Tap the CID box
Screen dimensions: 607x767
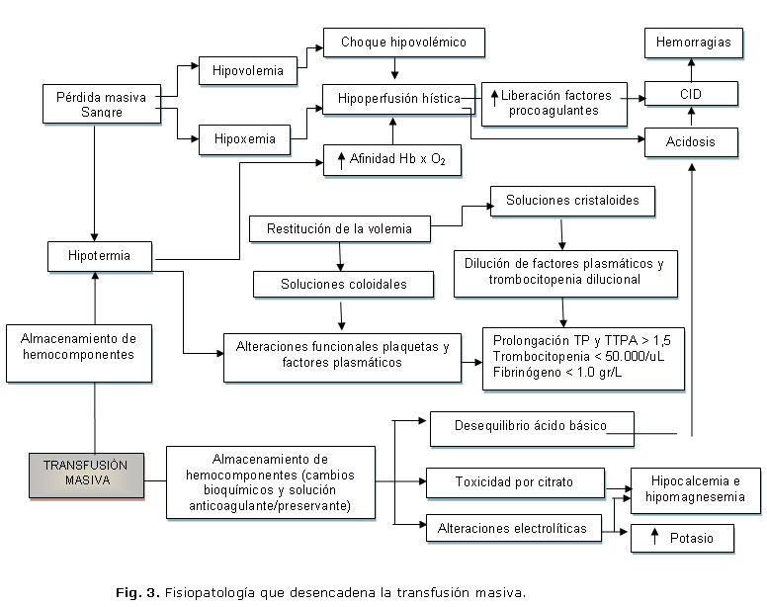point(691,95)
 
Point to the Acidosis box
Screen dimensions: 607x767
point(691,142)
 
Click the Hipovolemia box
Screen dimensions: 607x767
point(247,71)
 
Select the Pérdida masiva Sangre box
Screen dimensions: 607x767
point(101,104)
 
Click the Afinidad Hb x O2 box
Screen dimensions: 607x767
point(392,160)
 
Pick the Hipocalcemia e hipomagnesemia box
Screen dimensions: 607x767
point(695,489)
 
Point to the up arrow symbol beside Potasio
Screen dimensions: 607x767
point(654,538)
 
